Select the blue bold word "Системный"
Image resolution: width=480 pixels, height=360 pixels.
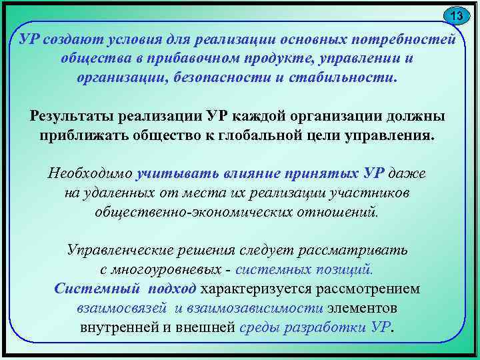coord(97,289)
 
